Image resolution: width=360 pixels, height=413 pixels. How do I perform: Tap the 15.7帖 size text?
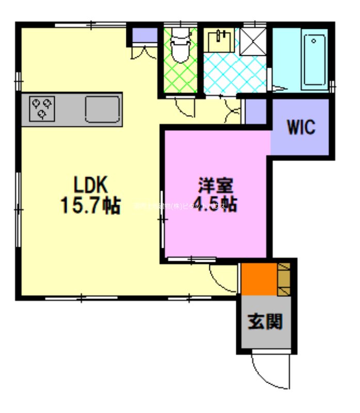click(x=90, y=205)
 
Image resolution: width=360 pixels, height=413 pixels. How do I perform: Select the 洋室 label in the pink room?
click(x=216, y=184)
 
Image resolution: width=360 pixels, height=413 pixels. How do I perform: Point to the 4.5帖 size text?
click(x=216, y=204)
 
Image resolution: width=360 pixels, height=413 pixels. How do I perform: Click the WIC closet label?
click(x=301, y=127)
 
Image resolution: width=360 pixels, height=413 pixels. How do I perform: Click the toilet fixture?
click(x=180, y=46)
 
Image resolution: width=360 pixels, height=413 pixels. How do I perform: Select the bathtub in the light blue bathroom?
click(x=314, y=61)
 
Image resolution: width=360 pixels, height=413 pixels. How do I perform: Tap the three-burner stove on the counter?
click(x=42, y=109)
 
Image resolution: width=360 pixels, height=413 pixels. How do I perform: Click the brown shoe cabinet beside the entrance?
click(x=284, y=279)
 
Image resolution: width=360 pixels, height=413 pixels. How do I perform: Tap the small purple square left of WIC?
click(x=255, y=112)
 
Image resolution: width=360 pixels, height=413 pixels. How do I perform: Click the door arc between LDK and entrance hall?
click(x=222, y=279)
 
